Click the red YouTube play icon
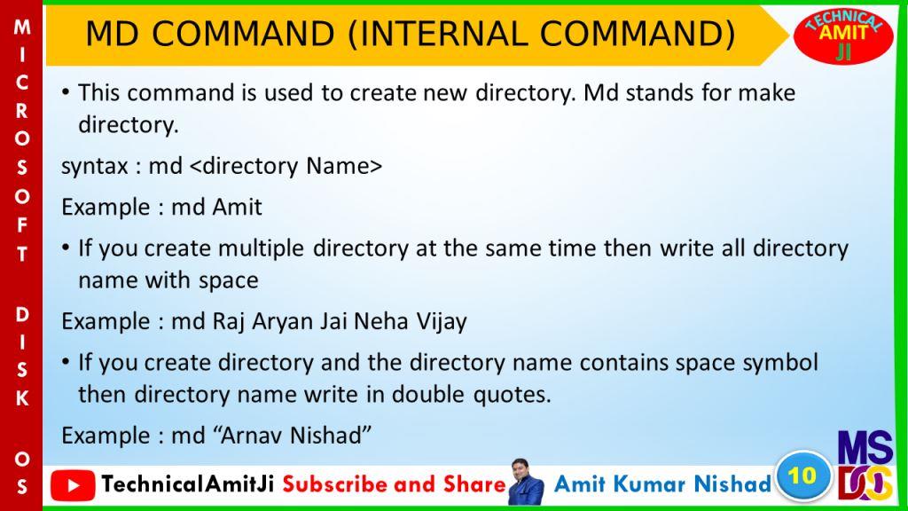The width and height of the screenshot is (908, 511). (x=73, y=485)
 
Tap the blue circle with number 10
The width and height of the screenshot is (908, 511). (x=802, y=476)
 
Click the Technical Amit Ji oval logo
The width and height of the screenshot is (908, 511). (x=843, y=35)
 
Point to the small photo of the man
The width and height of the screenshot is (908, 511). (x=526, y=482)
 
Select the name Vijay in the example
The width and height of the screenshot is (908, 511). (x=442, y=322)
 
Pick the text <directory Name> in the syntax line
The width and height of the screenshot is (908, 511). (x=286, y=166)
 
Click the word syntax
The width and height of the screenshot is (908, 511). (x=94, y=167)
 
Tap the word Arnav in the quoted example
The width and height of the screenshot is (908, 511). (x=250, y=436)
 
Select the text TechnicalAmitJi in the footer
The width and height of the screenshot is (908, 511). (x=188, y=484)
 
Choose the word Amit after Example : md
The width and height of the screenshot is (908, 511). (x=238, y=207)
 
